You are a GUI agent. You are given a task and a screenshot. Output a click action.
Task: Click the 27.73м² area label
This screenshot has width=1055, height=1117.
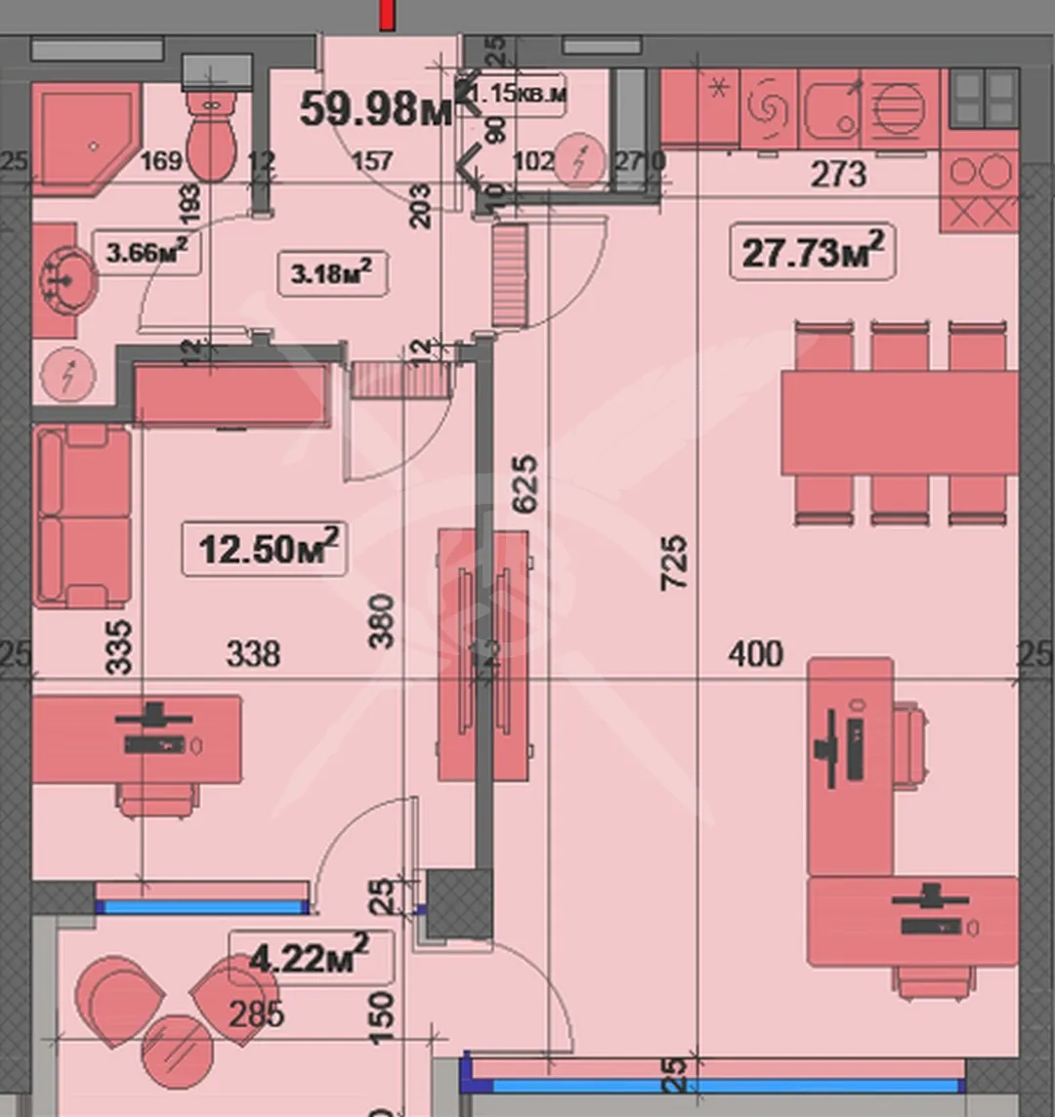(813, 252)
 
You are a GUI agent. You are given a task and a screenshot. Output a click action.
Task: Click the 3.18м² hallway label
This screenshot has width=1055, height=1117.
(332, 273)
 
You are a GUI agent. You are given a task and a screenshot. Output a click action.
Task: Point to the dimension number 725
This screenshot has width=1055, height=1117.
(674, 561)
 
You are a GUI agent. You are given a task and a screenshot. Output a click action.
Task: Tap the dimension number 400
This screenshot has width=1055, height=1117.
(755, 652)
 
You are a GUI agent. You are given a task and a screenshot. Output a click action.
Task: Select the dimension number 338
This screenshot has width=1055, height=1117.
(253, 652)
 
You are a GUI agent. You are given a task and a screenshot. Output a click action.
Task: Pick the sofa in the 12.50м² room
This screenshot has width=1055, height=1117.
(83, 517)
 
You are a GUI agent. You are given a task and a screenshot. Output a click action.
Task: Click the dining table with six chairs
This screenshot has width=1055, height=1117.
(899, 422)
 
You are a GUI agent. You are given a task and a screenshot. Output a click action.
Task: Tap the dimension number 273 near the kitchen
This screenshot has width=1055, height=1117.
(838, 174)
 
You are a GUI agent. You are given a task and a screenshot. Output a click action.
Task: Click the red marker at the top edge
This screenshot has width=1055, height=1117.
(388, 15)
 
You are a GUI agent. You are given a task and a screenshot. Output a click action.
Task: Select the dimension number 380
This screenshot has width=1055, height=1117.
(383, 621)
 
